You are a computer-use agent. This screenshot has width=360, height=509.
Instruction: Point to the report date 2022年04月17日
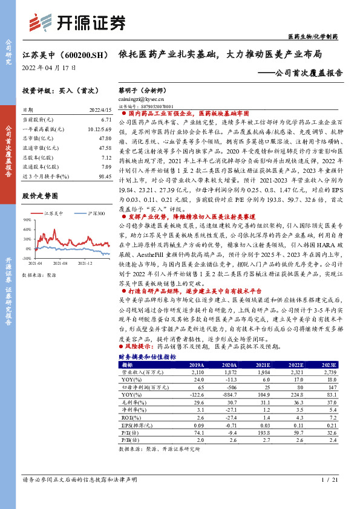click(x=50, y=68)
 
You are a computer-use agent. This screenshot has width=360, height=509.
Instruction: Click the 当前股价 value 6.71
click(x=106, y=120)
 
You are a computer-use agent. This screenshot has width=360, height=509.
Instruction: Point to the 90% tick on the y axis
click(x=28, y=221)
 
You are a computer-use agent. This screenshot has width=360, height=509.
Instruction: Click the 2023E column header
click(x=329, y=365)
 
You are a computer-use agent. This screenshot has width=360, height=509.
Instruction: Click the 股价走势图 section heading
click(x=40, y=196)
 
